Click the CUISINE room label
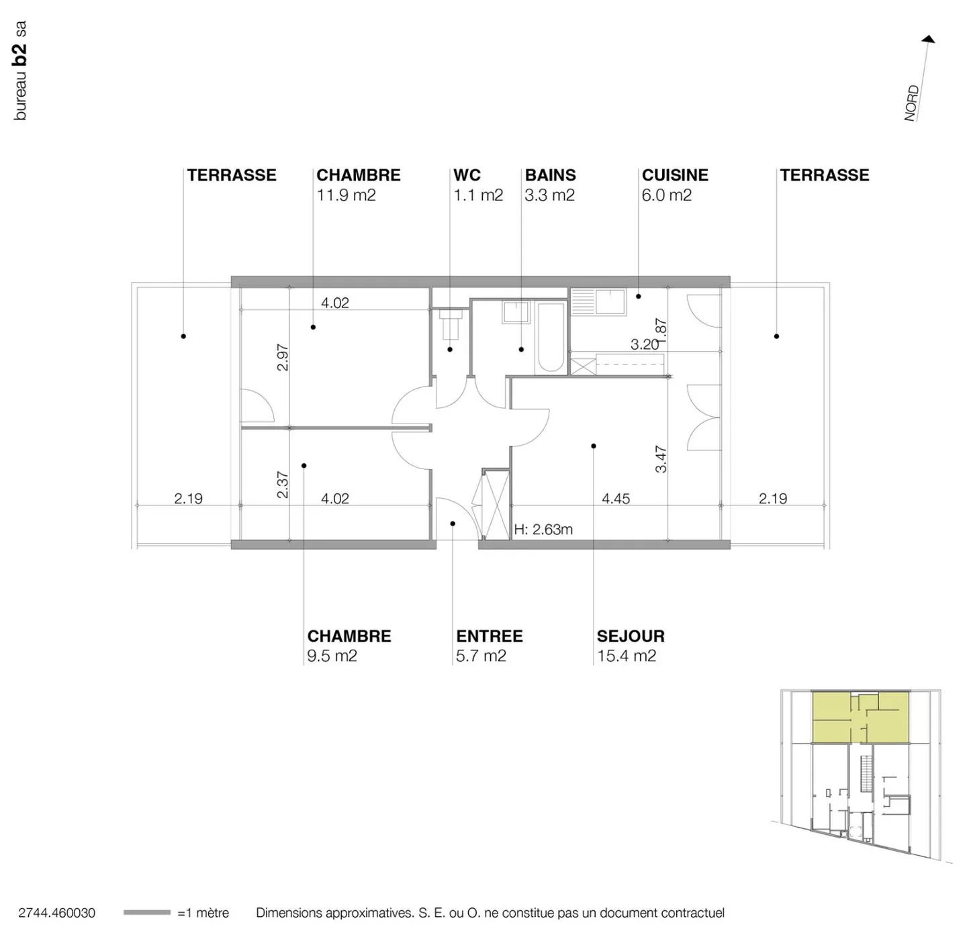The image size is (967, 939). pos(675,175)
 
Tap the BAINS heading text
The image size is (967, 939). pos(550,175)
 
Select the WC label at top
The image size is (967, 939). pos(467,175)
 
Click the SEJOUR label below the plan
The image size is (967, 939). pos(631,636)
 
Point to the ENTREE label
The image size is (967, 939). pos(489,636)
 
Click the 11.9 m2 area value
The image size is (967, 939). pos(346,195)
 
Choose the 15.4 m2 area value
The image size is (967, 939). pos(627,656)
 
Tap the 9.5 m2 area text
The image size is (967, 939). pos(332,656)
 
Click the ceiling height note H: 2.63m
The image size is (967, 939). pos(543,530)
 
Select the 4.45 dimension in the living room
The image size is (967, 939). pos(616,499)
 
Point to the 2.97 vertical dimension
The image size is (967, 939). pos(283,357)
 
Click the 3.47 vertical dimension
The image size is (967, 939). pos(661,459)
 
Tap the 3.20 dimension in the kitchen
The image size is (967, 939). pos(644,344)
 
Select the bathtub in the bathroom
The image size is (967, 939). pos(551,338)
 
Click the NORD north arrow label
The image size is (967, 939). pos(911,103)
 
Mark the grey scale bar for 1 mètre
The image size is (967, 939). pos(146,912)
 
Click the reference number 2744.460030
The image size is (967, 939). pos(57,913)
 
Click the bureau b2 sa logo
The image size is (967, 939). pos(20,70)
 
